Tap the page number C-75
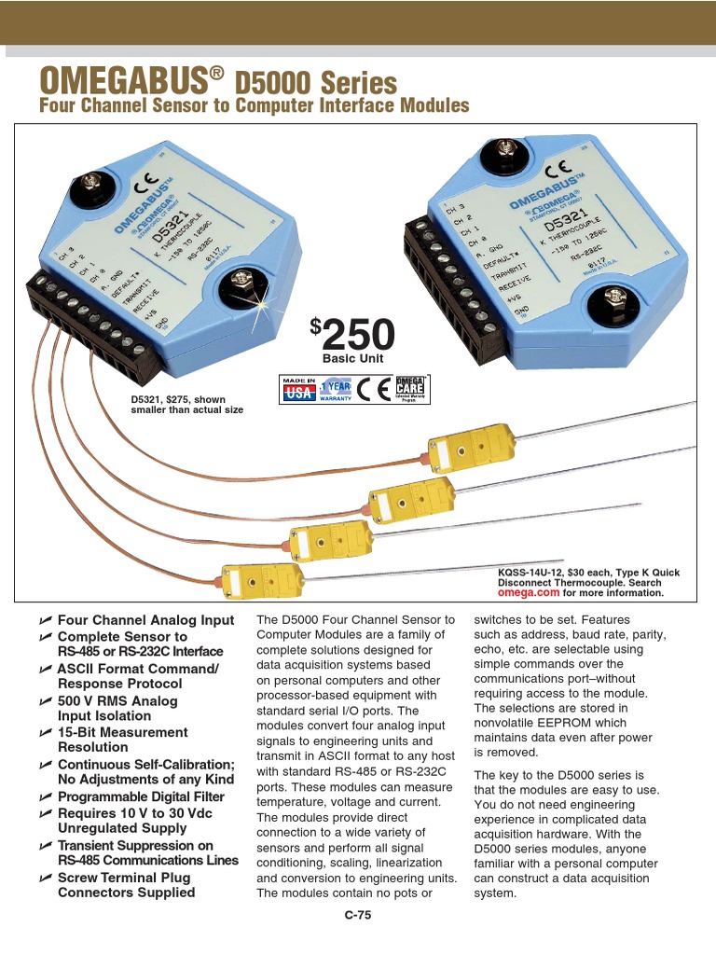coord(358,915)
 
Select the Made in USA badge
coord(298,390)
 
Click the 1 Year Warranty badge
coord(336,390)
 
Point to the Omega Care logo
coord(410,389)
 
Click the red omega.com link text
coord(529,592)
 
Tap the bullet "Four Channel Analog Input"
coord(145,620)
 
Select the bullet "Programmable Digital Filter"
coord(141,796)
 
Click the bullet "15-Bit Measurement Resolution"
coord(122,740)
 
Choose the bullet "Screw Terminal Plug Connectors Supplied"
coord(126,885)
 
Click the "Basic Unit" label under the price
coord(352,359)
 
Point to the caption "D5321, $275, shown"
coord(178,399)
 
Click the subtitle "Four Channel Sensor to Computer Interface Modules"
coord(254,105)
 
